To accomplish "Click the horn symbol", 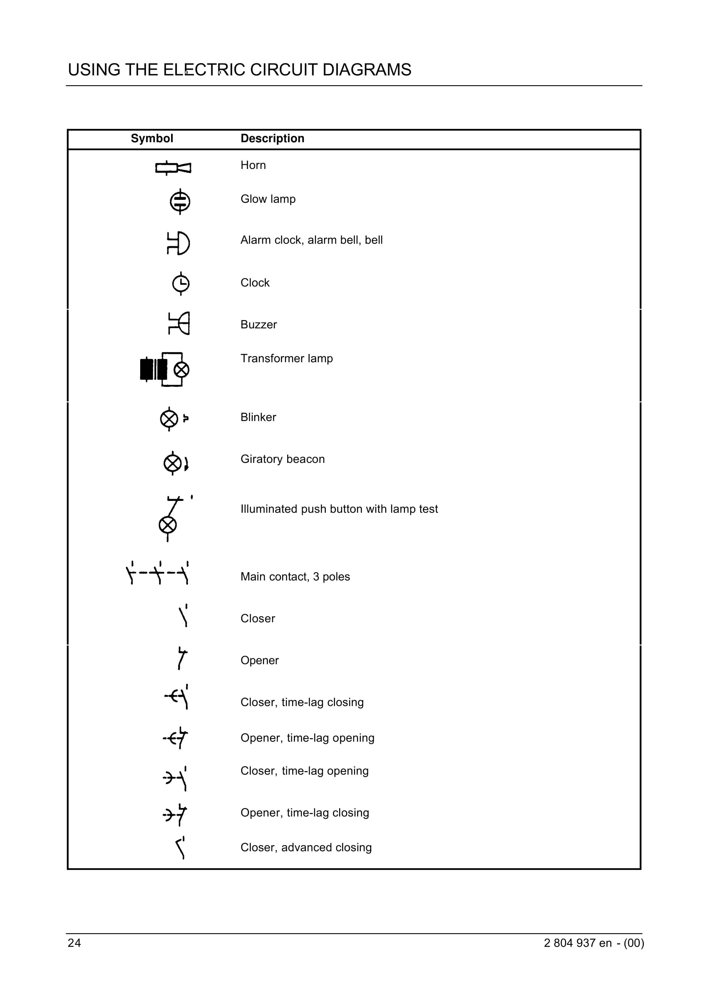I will click(173, 167).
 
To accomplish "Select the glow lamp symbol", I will click(180, 201).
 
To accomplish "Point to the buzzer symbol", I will click(179, 323).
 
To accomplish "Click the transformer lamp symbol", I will click(165, 369).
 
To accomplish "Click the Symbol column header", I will click(152, 139).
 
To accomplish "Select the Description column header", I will click(272, 139).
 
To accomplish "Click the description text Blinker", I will click(258, 417).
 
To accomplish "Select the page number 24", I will click(74, 943).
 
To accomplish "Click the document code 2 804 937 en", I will click(578, 943).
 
